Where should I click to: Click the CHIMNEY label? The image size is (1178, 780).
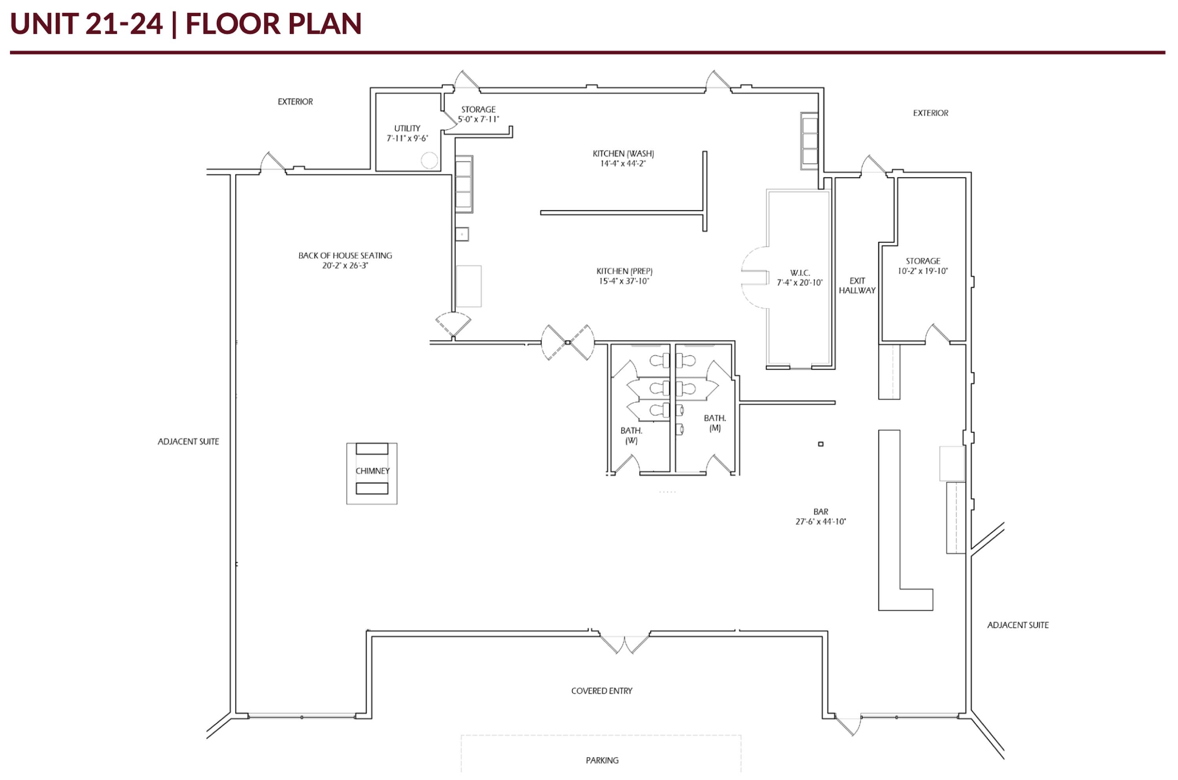372,471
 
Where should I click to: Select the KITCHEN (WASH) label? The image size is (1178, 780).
623,154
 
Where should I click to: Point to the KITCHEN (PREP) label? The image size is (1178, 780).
624,271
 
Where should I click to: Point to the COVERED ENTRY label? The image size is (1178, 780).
602,690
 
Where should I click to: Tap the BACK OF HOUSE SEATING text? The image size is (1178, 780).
345,255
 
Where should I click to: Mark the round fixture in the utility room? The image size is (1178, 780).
429,160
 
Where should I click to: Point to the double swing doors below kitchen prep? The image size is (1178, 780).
568,342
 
